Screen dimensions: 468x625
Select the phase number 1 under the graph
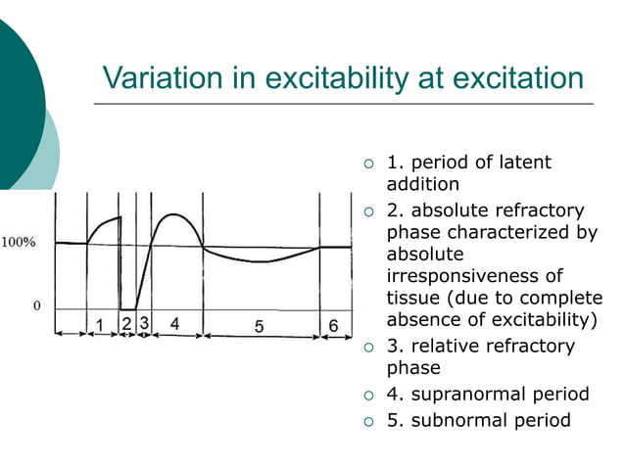(101, 323)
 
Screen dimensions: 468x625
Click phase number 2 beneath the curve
(126, 322)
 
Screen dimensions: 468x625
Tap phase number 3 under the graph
(143, 322)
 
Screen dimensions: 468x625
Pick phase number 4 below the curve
(174, 322)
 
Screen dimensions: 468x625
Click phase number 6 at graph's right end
(333, 325)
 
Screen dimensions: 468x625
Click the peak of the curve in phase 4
(171, 214)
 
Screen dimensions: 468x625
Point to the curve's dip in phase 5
(259, 261)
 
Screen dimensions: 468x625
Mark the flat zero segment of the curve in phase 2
(127, 308)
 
